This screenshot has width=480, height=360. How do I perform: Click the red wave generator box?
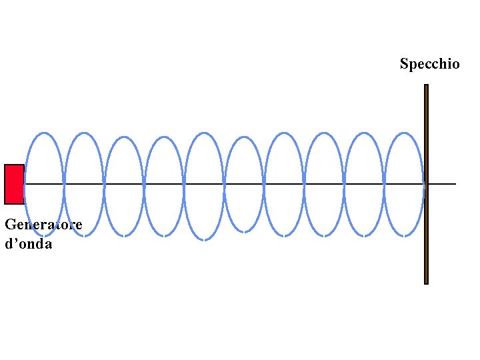(x=14, y=184)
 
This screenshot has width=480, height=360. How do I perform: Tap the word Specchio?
(x=429, y=64)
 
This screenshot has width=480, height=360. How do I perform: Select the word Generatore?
(x=43, y=225)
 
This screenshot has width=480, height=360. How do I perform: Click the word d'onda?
(x=28, y=243)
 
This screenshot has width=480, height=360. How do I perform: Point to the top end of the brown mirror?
(x=426, y=86)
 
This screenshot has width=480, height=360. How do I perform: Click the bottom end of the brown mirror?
(x=426, y=282)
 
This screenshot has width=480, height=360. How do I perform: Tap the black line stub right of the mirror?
(x=443, y=183)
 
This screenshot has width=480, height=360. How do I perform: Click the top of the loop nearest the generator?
(x=44, y=133)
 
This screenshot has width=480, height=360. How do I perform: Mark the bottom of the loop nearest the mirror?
(x=404, y=235)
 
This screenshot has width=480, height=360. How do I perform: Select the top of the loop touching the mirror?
(x=404, y=133)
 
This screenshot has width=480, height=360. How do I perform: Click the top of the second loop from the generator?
(x=84, y=133)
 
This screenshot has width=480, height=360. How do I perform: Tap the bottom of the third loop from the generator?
(x=124, y=235)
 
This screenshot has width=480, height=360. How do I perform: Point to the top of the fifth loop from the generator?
(x=204, y=133)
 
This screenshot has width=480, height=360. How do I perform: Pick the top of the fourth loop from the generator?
(x=164, y=137)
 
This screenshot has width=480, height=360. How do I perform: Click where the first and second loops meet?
(x=64, y=183)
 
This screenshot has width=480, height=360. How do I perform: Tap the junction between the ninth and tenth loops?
(x=384, y=183)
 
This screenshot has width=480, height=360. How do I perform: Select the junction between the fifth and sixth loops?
(x=224, y=183)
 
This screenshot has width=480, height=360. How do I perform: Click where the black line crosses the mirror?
(x=426, y=183)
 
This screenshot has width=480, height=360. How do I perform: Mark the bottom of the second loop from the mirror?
(x=364, y=235)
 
